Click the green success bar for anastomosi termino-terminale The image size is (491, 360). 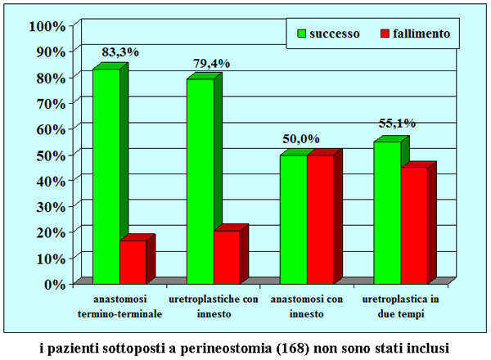pyautogui.click(x=106, y=176)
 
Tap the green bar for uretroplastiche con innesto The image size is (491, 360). pyautogui.click(x=200, y=180)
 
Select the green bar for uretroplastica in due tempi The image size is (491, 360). pyautogui.click(x=387, y=212)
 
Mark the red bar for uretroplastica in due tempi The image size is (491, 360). pyautogui.click(x=414, y=225)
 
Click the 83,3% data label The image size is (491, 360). pyautogui.click(x=120, y=52)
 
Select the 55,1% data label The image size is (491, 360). pyautogui.click(x=397, y=124)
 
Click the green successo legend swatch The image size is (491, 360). pyautogui.click(x=300, y=34)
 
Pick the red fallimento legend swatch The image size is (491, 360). pyautogui.click(x=386, y=34)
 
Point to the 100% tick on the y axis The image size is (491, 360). pyautogui.click(x=47, y=25)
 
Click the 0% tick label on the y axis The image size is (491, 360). pyautogui.click(x=54, y=284)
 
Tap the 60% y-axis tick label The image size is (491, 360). pyautogui.click(x=50, y=128)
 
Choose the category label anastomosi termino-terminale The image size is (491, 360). pyautogui.click(x=120, y=307)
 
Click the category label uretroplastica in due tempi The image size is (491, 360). pyautogui.click(x=401, y=307)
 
